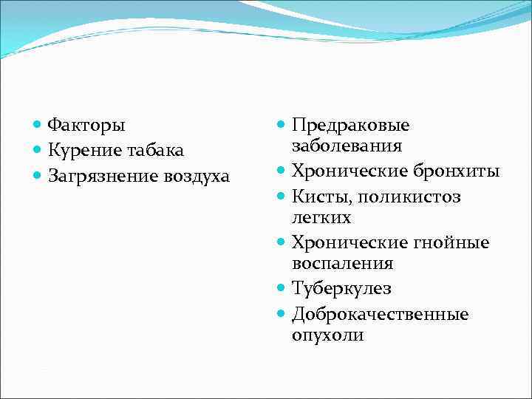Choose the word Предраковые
point(350,125)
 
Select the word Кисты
point(317,197)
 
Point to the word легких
point(321,217)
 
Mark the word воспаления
point(342,263)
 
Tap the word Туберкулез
point(341,289)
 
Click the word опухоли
point(327,335)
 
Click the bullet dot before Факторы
point(38,125)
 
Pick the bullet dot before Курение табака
point(38,151)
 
